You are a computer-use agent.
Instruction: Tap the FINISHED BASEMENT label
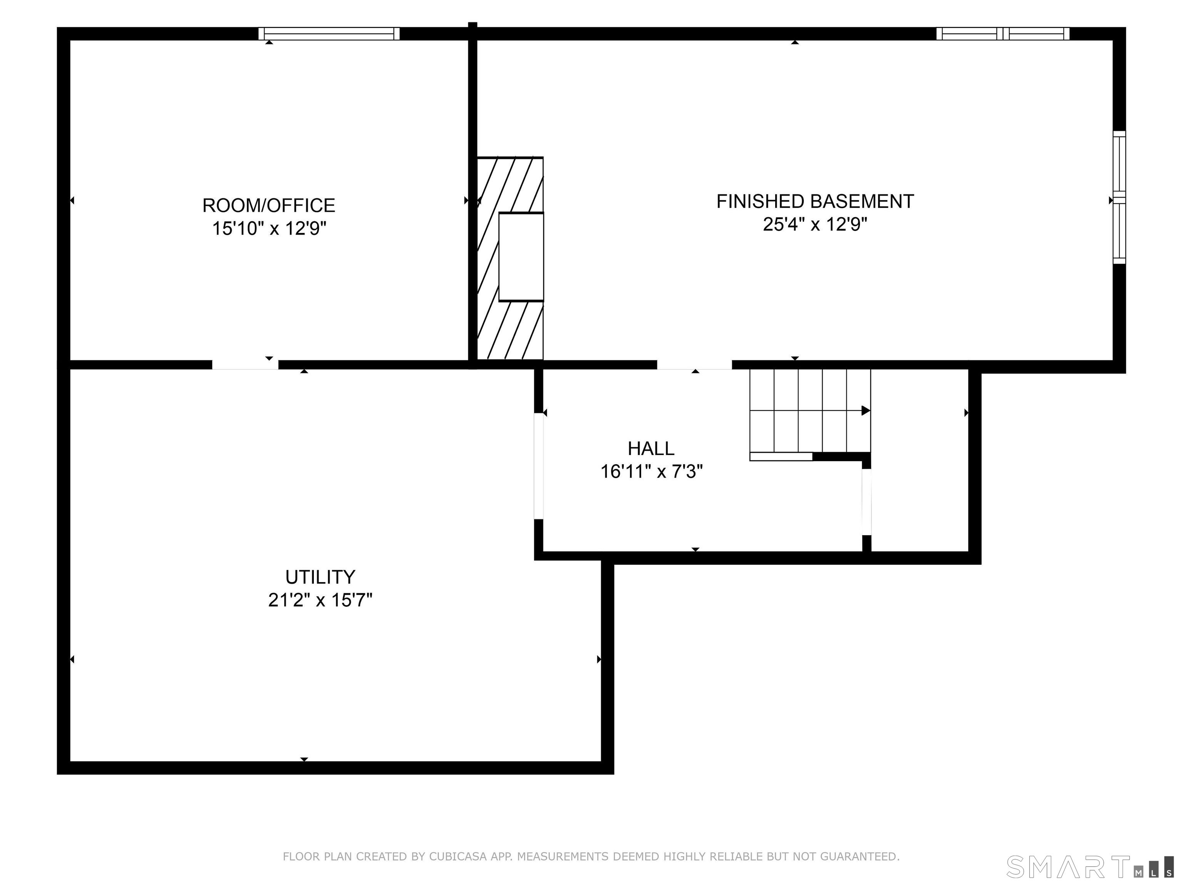[x=815, y=202]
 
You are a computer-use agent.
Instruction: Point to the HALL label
[x=651, y=448]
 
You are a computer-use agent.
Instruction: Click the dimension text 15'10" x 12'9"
[x=269, y=229]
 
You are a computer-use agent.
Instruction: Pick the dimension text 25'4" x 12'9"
[x=815, y=224]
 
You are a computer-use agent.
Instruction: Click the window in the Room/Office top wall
[x=329, y=33]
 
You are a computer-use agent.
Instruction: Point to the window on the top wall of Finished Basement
[x=1003, y=33]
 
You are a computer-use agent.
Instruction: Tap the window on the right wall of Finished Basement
[x=1119, y=197]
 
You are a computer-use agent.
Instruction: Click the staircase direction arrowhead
[x=866, y=411]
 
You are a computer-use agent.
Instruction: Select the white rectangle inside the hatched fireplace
[x=521, y=257]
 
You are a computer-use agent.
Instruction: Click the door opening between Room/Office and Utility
[x=245, y=365]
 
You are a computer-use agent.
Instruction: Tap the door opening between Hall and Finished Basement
[x=694, y=365]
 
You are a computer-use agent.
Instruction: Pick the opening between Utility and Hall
[x=539, y=466]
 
